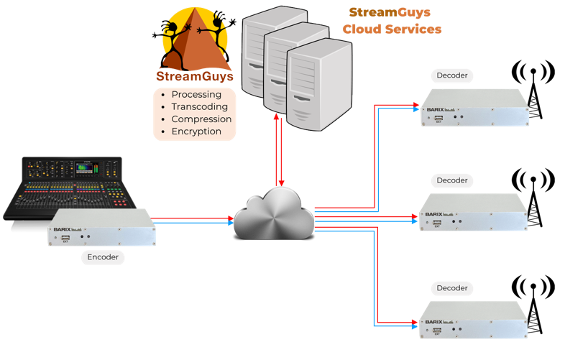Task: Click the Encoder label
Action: (102, 257)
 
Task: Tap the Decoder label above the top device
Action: (452, 75)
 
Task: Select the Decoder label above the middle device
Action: (452, 180)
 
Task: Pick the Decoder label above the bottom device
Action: (452, 288)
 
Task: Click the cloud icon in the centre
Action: (274, 213)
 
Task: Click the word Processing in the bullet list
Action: (196, 95)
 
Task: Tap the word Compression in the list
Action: (201, 119)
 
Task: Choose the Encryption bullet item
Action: (196, 131)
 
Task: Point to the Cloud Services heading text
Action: (392, 29)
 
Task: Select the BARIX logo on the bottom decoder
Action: (433, 321)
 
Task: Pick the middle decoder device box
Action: (474, 212)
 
